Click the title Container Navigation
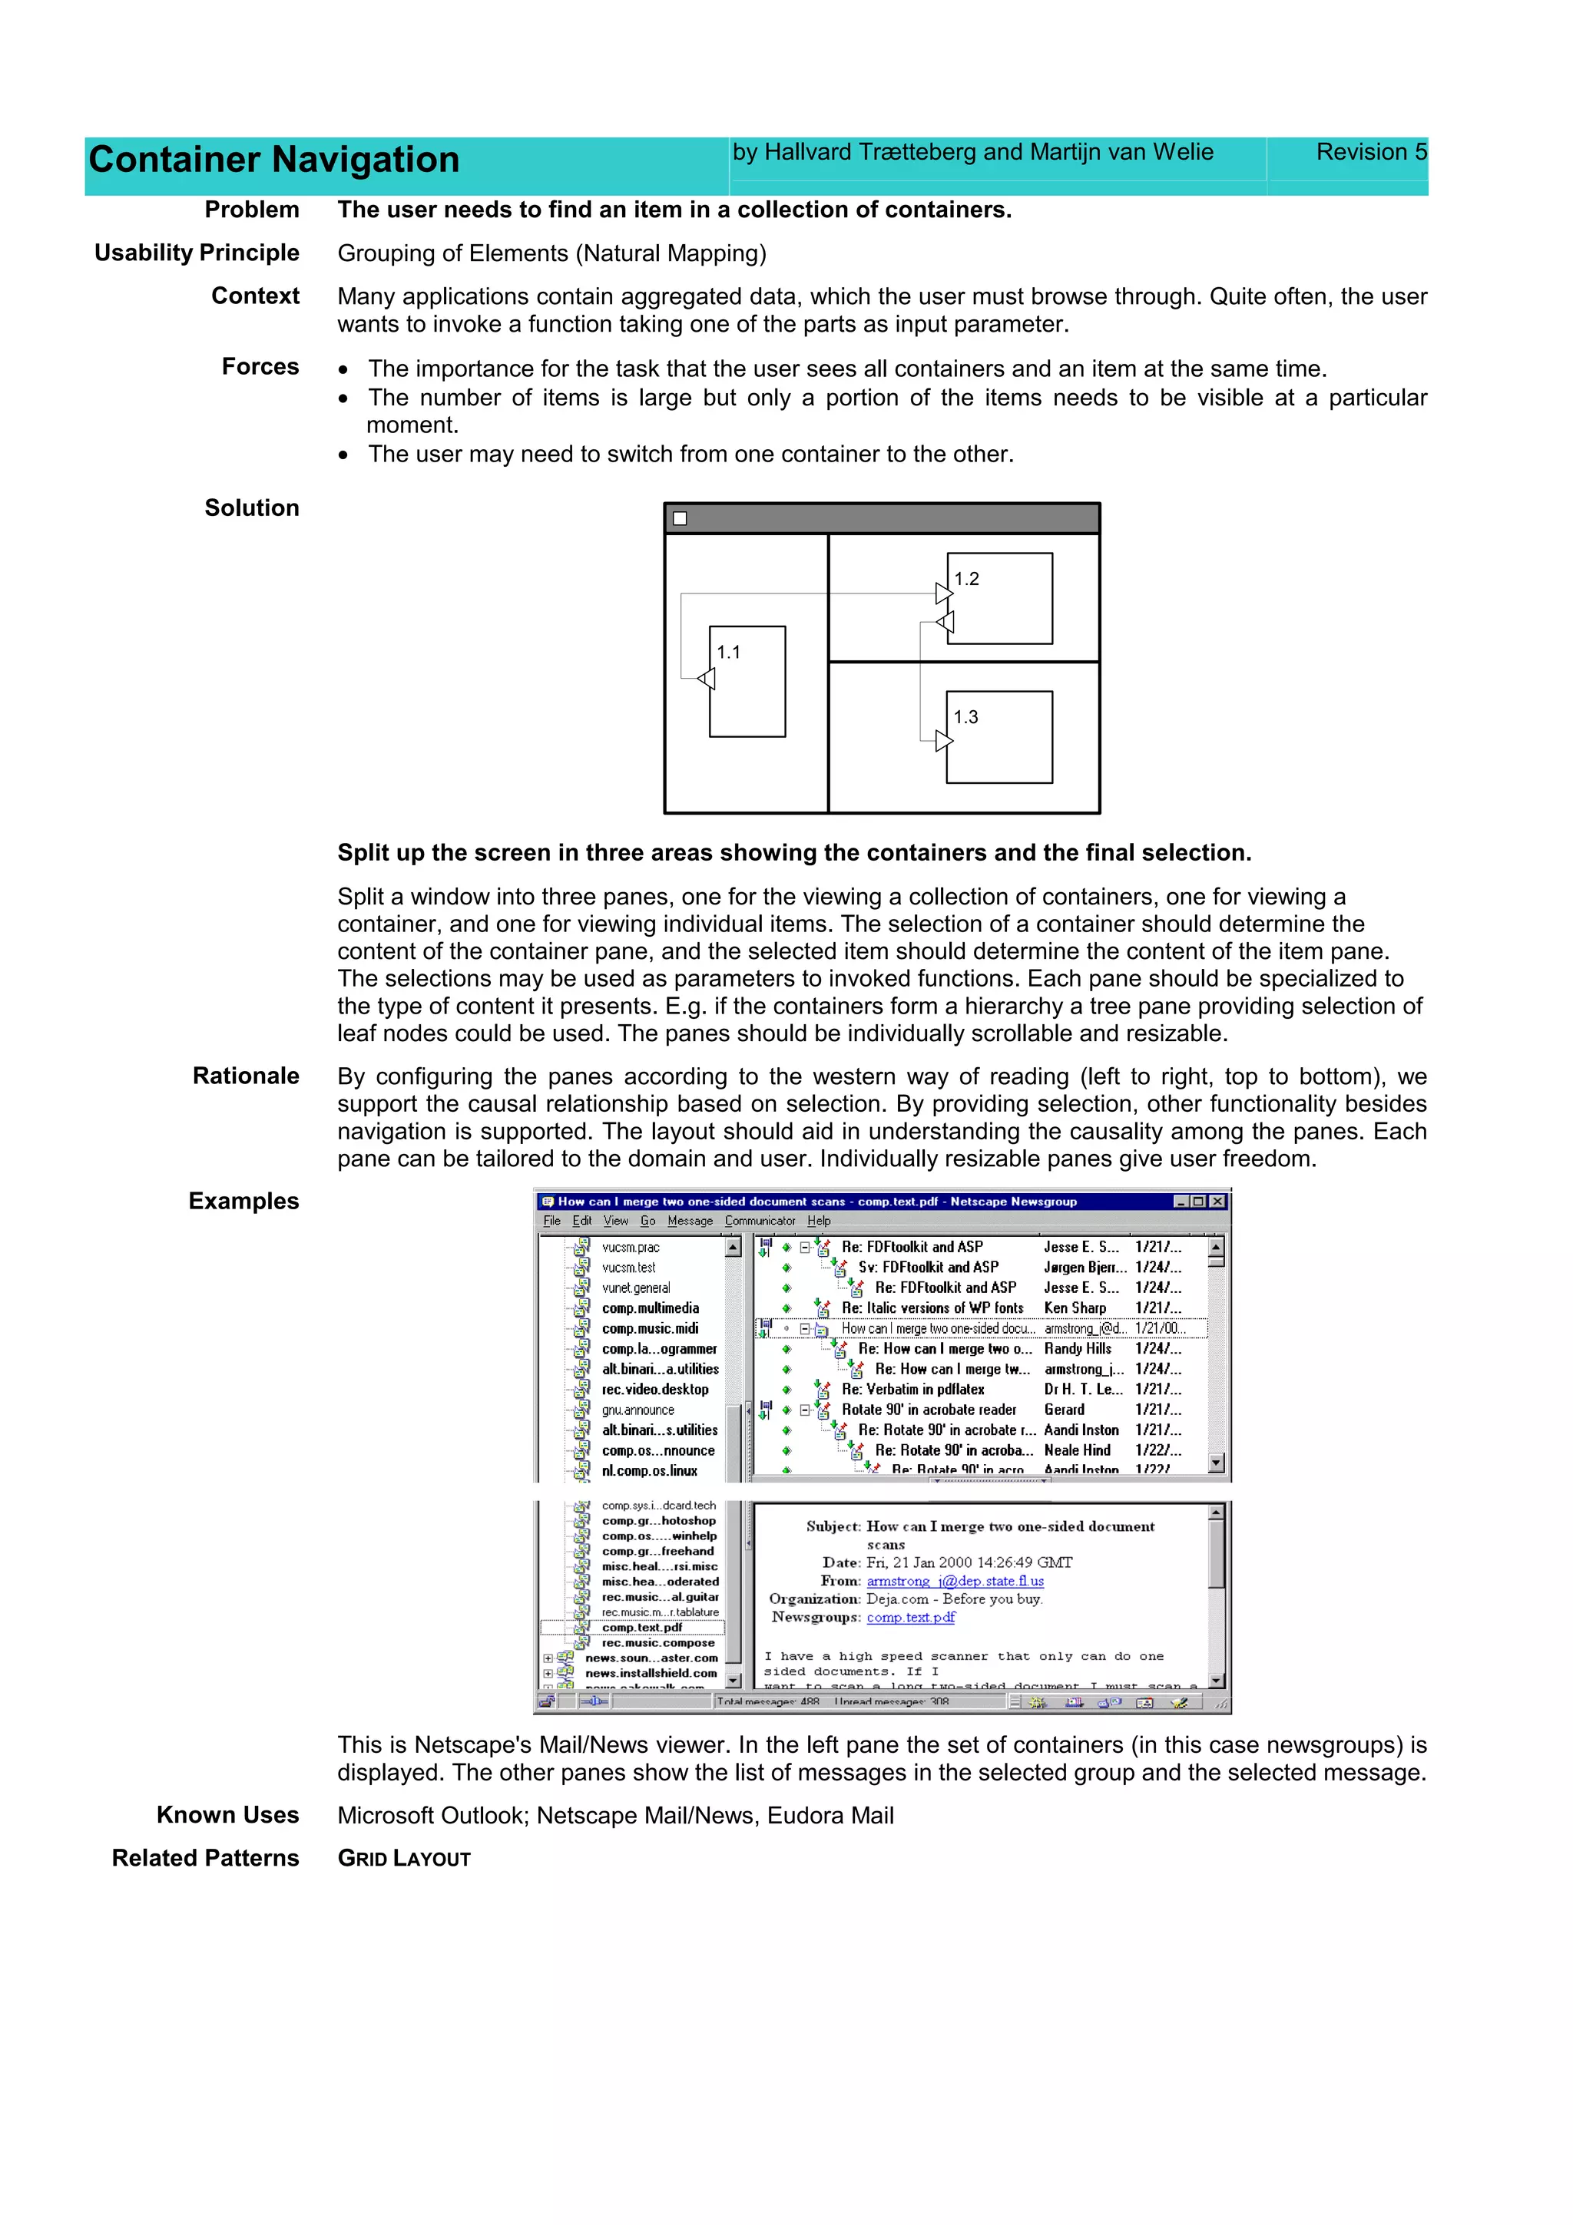point(273,160)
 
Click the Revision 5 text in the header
point(1370,152)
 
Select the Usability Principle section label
point(197,253)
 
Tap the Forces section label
point(260,366)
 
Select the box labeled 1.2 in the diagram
point(999,599)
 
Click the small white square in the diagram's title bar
point(681,518)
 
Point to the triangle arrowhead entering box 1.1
point(707,679)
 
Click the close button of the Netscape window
point(1218,1202)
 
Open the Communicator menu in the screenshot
point(760,1221)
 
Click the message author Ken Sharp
point(1074,1308)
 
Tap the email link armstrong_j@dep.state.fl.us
point(955,1582)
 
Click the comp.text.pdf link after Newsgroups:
point(910,1618)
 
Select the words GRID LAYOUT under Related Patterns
point(403,1859)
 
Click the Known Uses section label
point(228,1815)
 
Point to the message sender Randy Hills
point(1077,1349)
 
